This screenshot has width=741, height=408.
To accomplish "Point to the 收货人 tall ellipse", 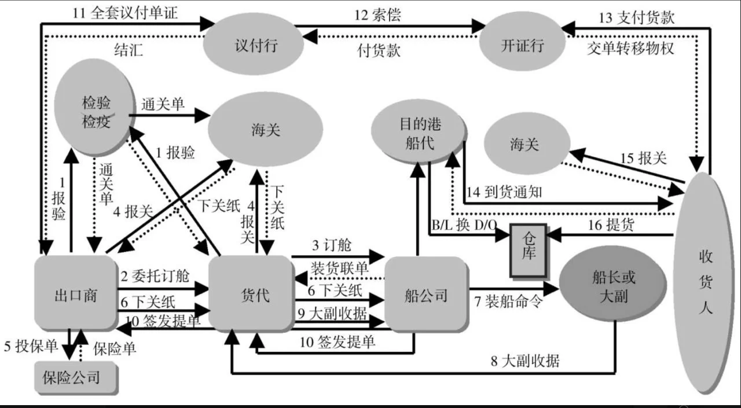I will (x=705, y=282).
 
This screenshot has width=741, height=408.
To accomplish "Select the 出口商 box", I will (x=75, y=295).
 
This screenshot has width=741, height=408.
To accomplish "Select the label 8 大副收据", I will (x=525, y=362).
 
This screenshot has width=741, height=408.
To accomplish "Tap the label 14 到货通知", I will (x=504, y=192).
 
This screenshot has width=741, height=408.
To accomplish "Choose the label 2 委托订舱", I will (x=155, y=275).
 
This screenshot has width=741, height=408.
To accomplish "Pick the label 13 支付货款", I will (x=637, y=17).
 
